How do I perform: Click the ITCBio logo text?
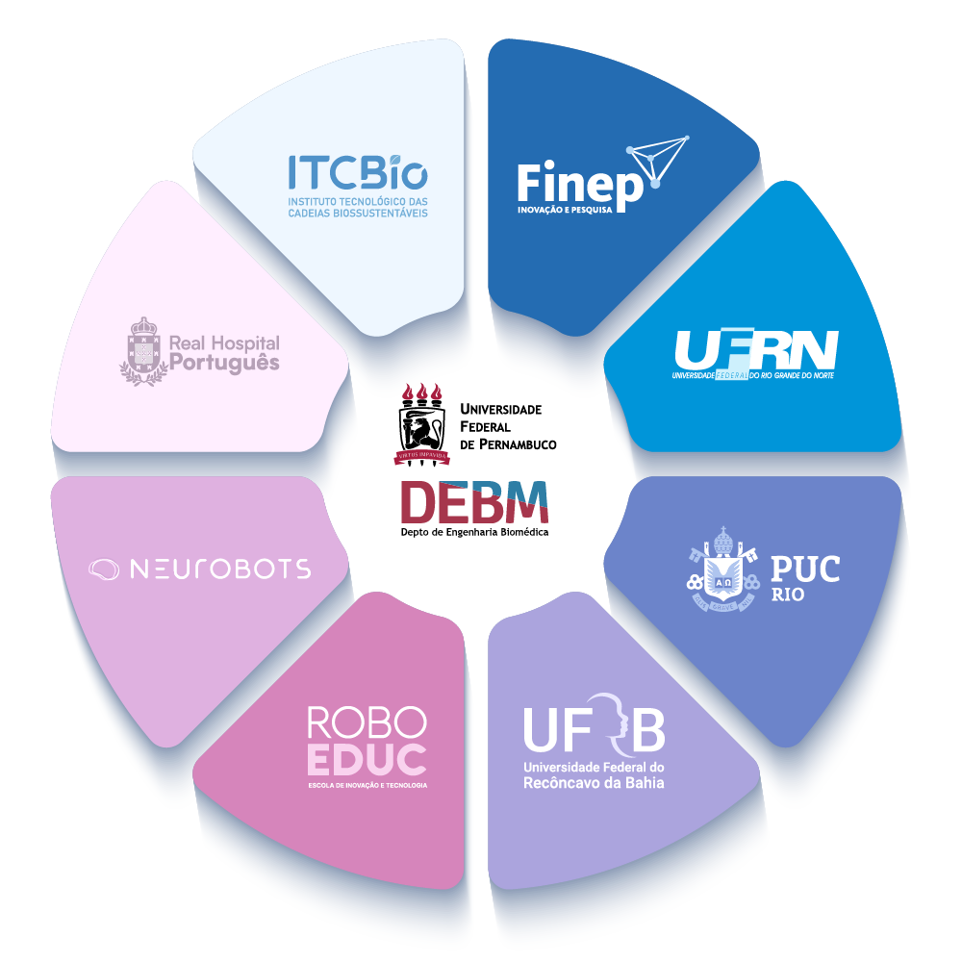[x=357, y=173]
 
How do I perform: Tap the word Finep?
[x=579, y=185]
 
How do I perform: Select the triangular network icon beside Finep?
[x=659, y=159]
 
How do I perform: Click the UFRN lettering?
[x=756, y=349]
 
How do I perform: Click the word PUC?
[x=804, y=569]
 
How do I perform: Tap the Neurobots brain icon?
[x=105, y=570]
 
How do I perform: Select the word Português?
[x=224, y=363]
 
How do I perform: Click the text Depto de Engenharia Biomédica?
[x=474, y=531]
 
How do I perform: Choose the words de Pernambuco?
[x=509, y=444]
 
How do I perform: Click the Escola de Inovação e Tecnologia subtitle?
[x=367, y=785]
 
